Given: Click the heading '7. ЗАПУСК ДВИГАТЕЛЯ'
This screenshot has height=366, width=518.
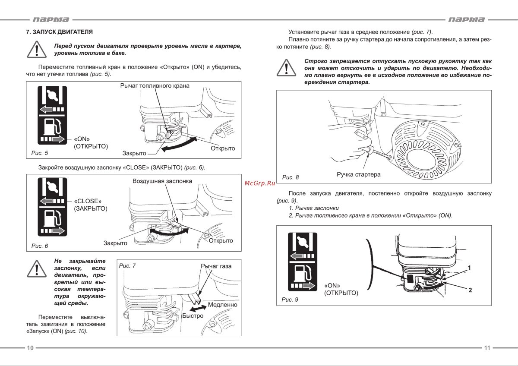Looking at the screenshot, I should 60,32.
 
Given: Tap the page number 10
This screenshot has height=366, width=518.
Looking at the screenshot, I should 30,348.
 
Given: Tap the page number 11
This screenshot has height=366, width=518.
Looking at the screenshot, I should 487,348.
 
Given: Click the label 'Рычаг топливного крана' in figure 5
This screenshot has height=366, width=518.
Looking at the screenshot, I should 155,86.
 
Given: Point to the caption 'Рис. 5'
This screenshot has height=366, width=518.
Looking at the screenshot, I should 40,153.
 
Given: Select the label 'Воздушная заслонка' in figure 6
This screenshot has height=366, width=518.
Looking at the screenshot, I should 162,181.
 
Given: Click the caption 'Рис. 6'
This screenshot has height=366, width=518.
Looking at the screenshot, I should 40,246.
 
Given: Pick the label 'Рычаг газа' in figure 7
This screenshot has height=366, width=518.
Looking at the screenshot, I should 216,266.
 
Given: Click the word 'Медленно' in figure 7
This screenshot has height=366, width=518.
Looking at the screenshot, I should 223,304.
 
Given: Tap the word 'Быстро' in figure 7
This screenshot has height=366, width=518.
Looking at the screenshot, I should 193,316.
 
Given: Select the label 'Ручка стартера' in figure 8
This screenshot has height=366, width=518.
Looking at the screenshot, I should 359,174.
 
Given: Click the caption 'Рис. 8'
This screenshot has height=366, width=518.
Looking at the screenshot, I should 291,177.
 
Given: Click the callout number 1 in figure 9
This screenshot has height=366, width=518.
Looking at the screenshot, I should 469,268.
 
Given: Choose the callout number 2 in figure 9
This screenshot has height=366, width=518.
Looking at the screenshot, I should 470,290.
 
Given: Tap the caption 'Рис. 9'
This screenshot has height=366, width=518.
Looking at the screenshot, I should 290,299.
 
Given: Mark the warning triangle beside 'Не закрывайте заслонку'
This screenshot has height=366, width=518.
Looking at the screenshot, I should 37,269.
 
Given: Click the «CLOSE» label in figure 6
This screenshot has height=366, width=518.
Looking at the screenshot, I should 88,201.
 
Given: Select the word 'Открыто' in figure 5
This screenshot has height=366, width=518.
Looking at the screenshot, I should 223,148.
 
